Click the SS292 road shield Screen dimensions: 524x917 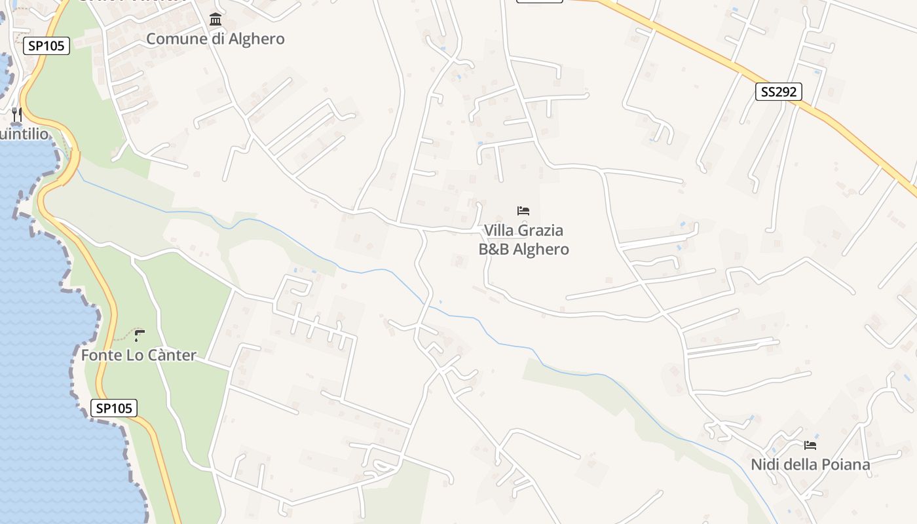click(779, 92)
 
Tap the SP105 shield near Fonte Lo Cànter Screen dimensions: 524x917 click(113, 408)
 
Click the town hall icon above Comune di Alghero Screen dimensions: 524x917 click(215, 20)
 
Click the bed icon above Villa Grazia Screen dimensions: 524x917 click(523, 211)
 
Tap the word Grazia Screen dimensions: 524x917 click(541, 231)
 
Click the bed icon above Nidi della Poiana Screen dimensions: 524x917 click(810, 445)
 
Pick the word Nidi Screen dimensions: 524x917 click(763, 465)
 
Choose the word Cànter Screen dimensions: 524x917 click(171, 356)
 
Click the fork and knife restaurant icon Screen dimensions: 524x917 click(17, 115)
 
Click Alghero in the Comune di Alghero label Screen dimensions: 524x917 click(256, 39)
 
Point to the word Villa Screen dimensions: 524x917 click(498, 231)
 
